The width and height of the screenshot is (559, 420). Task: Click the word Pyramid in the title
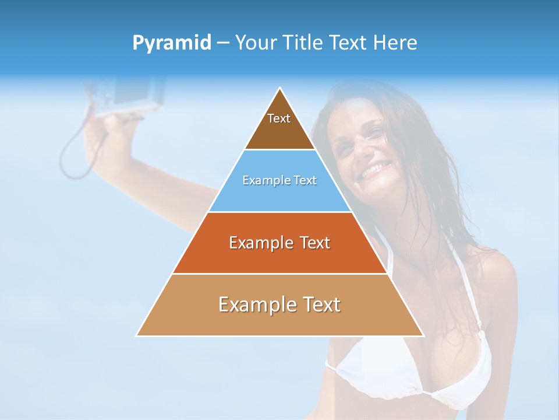(172, 43)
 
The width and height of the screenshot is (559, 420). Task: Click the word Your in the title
(257, 43)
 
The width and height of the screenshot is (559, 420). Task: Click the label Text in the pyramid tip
(279, 118)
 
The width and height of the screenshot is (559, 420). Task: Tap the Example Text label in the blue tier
(279, 181)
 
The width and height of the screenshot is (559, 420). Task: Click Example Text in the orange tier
(279, 243)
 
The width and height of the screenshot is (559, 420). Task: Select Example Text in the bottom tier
(279, 304)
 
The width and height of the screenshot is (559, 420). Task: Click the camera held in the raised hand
(134, 93)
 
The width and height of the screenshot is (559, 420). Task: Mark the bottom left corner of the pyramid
(136, 335)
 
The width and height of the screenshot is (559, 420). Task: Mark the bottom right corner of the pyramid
(423, 335)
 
